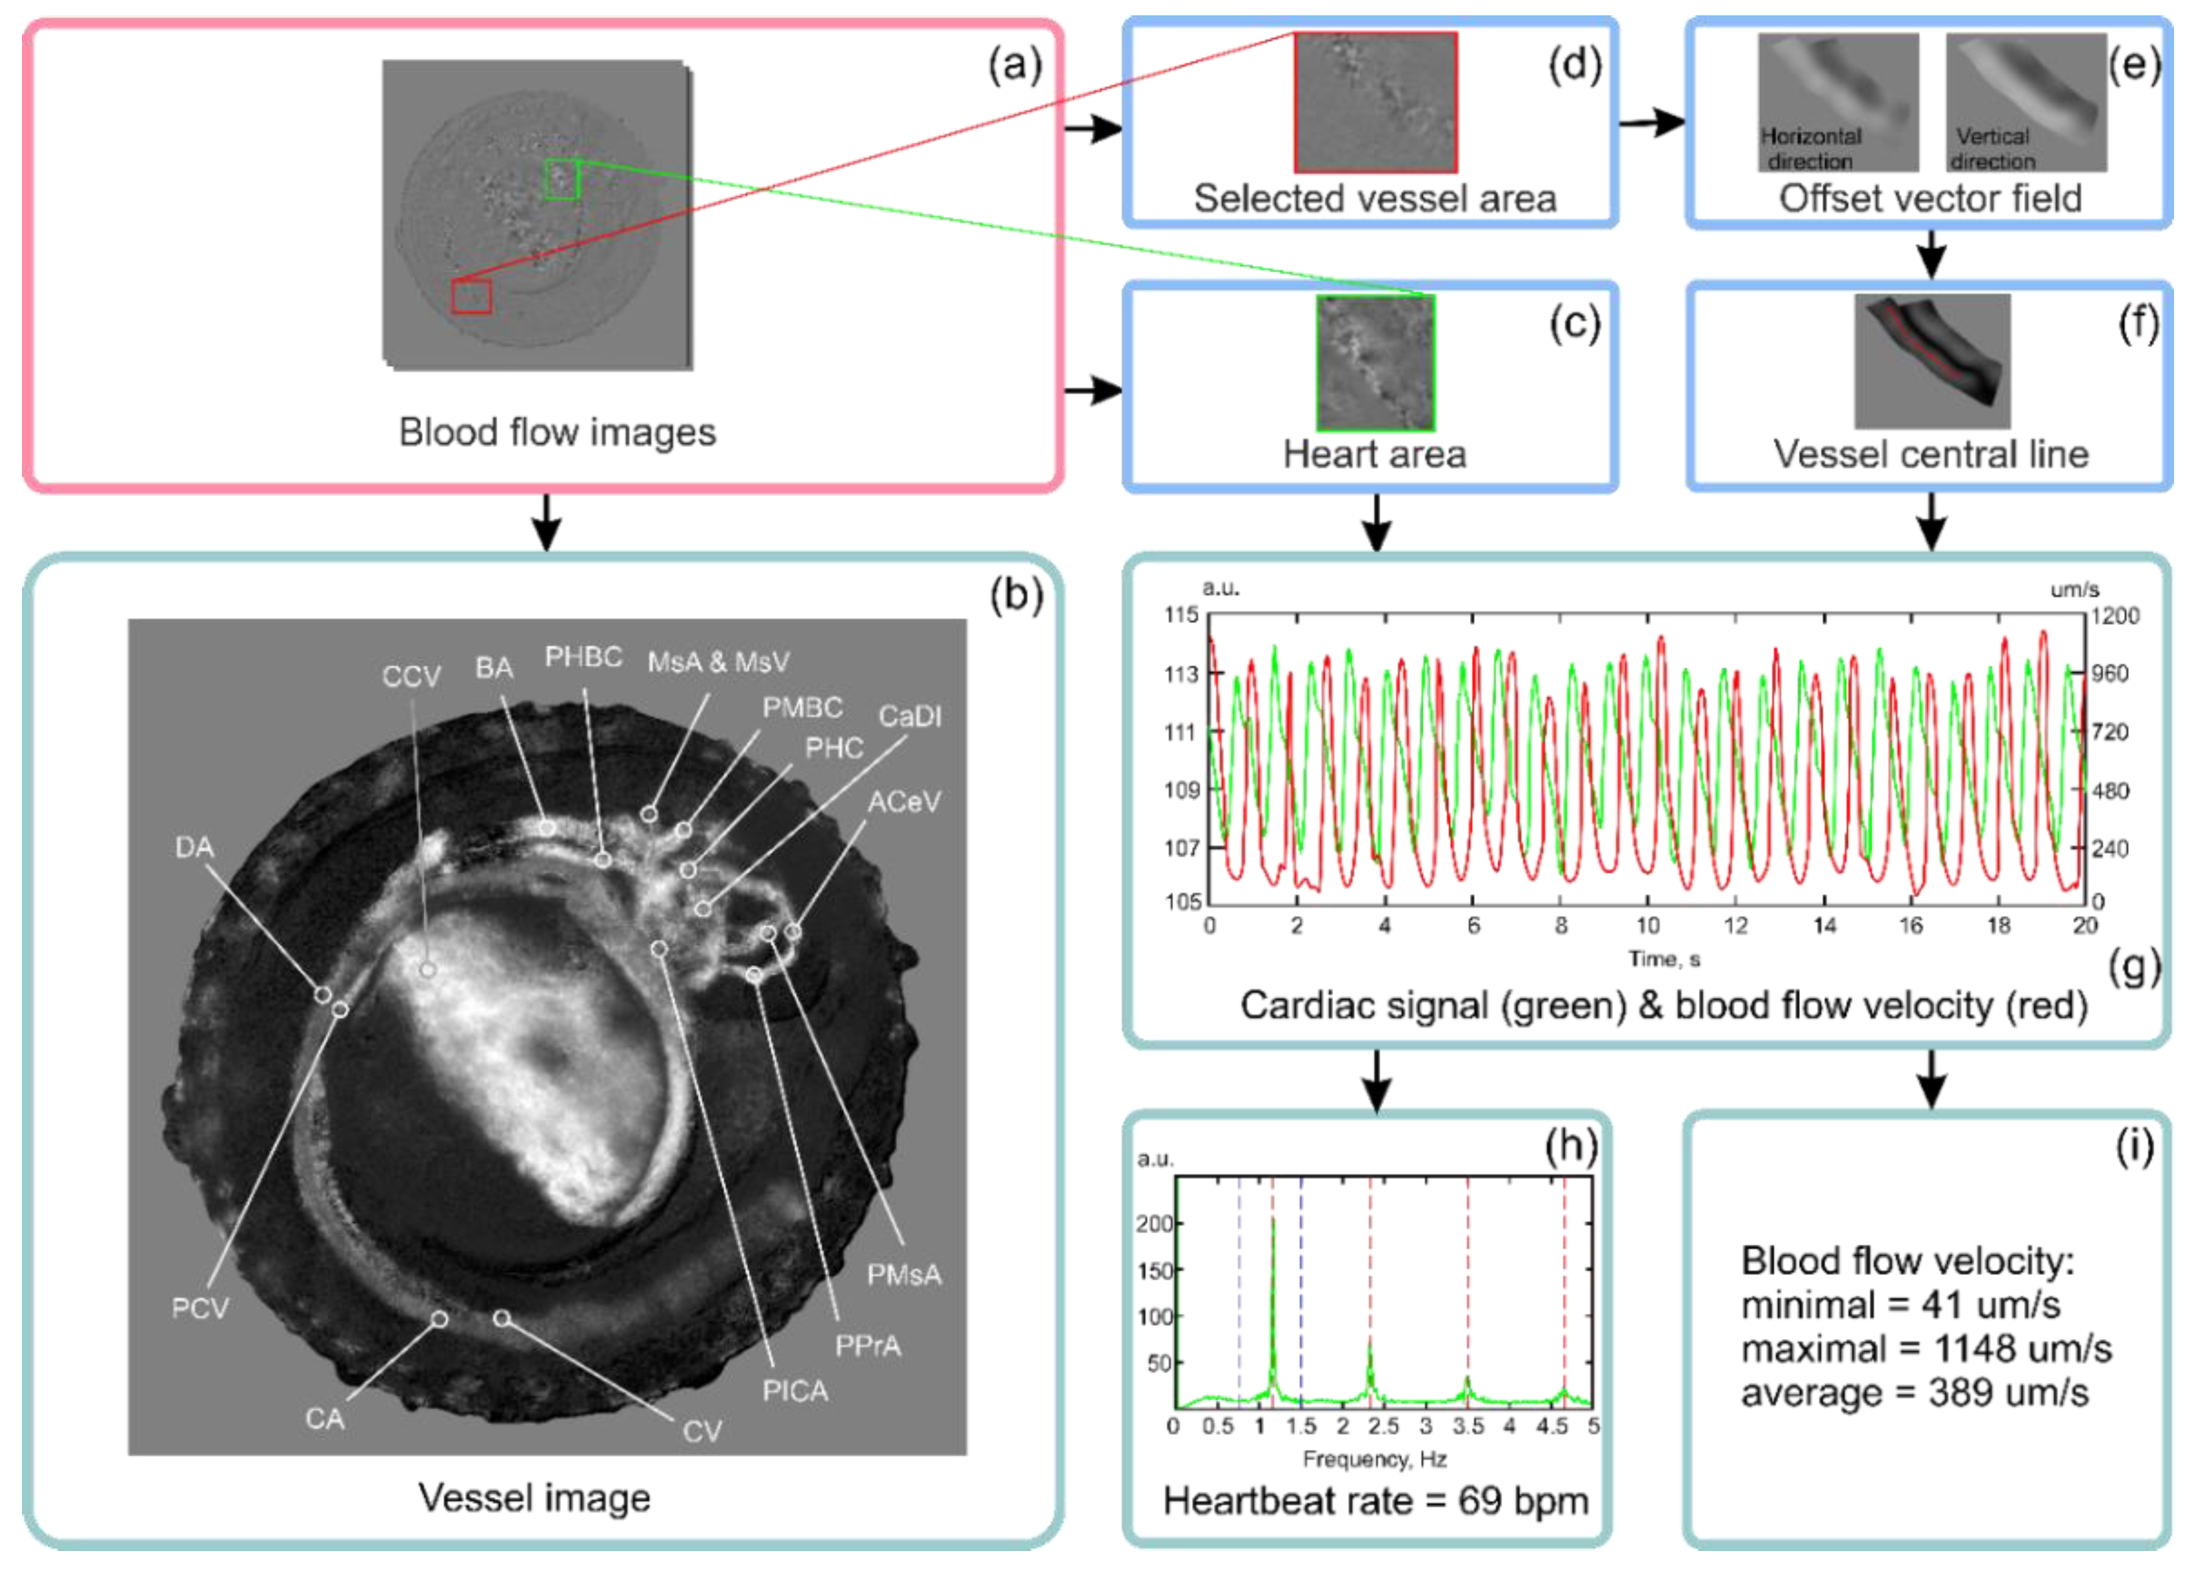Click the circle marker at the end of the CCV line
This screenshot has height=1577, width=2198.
pos(427,969)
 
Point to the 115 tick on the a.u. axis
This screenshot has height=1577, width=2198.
pos(1181,615)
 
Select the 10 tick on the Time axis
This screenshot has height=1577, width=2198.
pos(1648,926)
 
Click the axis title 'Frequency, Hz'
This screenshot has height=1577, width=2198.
pos(1374,1459)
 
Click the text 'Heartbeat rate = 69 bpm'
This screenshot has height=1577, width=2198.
pos(1374,1500)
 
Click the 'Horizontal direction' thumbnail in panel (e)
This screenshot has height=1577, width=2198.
pos(1837,102)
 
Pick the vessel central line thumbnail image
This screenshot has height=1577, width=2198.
pos(1932,361)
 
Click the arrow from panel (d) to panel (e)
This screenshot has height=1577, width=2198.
pos(1652,123)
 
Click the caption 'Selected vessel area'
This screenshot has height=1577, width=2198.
pos(1374,199)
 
